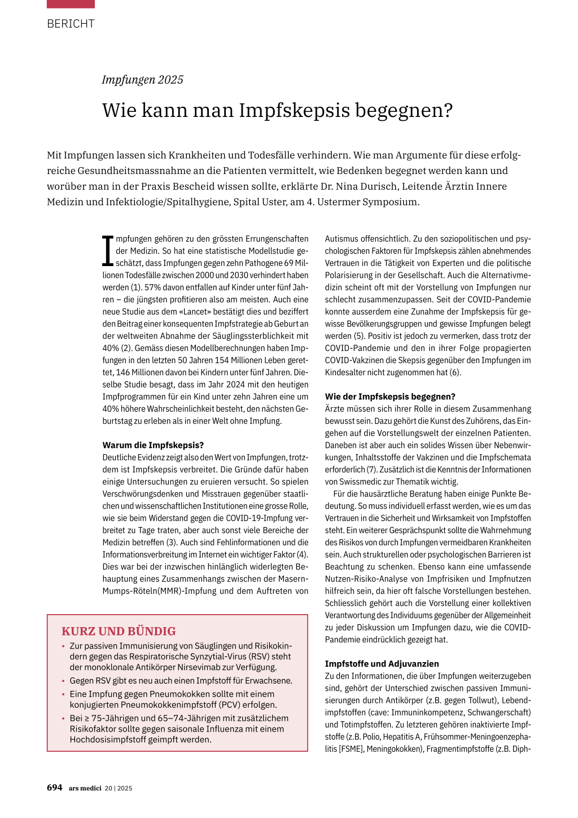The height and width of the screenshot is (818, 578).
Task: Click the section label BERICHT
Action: tap(71, 24)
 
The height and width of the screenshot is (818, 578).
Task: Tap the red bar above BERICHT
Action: tap(71, 4)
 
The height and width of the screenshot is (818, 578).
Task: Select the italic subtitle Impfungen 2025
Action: tap(142, 80)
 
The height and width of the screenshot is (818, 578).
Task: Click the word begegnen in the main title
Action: tap(403, 110)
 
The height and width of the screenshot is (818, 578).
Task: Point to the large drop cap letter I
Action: tap(108, 251)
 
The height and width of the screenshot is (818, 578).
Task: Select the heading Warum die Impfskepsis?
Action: tap(153, 445)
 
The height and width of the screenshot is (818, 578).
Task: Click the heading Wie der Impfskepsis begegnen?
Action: tap(390, 397)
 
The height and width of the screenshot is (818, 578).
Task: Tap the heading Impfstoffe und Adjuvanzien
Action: tap(382, 664)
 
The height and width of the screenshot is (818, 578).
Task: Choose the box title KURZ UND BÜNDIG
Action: tap(119, 631)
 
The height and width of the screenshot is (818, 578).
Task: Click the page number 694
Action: tap(54, 787)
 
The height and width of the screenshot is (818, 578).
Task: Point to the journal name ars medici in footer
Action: tap(85, 788)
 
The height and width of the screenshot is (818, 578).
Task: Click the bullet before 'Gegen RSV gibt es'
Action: tap(63, 681)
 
